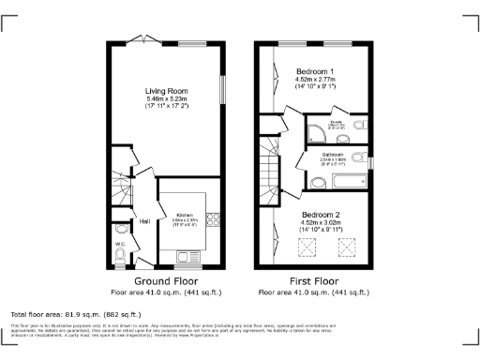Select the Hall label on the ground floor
(145, 221)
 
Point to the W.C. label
(120, 245)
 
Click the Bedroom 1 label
(315, 71)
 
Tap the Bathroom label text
(334, 154)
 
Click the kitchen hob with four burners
(212, 221)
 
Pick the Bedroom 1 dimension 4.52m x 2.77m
(315, 80)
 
